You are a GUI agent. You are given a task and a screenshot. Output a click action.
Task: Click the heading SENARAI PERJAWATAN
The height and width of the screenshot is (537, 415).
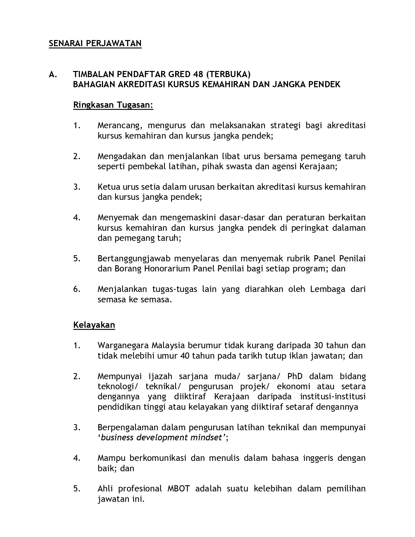click(x=95, y=43)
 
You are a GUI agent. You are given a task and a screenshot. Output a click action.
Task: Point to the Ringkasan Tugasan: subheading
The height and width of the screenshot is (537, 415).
click(x=113, y=105)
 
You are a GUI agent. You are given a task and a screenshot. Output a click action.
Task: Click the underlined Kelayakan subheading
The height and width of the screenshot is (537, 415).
click(x=94, y=325)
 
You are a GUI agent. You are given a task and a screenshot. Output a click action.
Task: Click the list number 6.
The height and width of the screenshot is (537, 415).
click(x=77, y=289)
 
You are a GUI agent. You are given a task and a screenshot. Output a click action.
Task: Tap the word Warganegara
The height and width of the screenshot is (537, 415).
click(x=123, y=345)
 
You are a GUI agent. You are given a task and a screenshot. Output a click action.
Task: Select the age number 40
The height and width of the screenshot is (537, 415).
click(x=185, y=355)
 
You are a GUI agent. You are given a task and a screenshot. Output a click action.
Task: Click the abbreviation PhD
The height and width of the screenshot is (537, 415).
click(x=295, y=376)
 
